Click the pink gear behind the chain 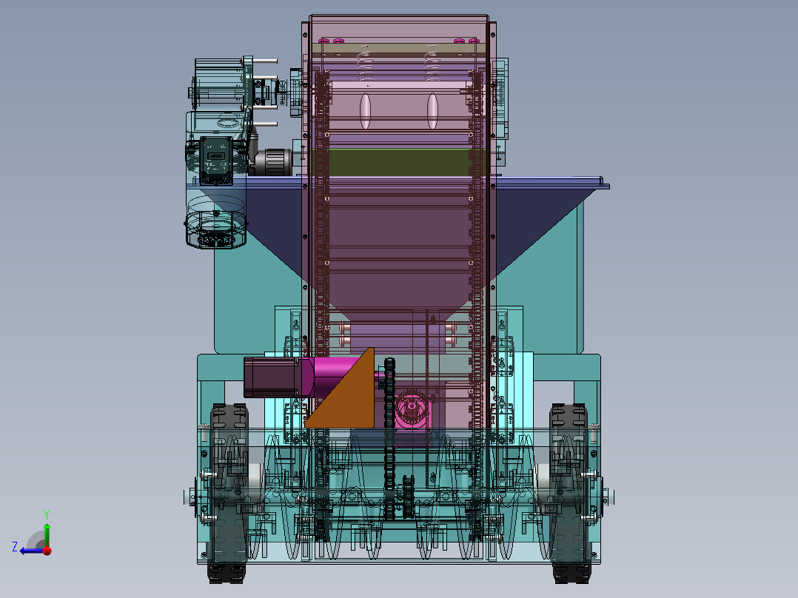tap(411, 411)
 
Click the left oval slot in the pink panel tap(365, 111)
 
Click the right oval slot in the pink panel tap(433, 111)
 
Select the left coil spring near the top tap(363, 62)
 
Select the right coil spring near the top tap(433, 62)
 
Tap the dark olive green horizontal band tap(392, 162)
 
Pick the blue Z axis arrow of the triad tap(30, 550)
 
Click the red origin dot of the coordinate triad tap(47, 550)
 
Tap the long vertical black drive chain tap(390, 444)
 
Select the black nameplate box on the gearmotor tap(216, 158)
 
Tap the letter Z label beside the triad tap(15, 547)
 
